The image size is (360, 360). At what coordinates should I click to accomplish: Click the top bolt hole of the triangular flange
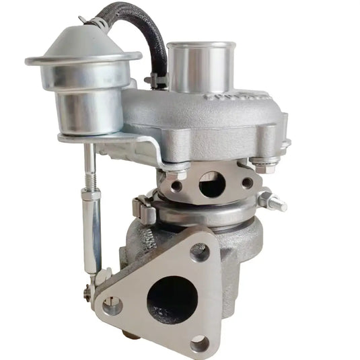200,252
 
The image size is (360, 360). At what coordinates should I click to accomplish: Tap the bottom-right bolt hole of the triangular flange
200,344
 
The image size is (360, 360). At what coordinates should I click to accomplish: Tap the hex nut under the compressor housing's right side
268,165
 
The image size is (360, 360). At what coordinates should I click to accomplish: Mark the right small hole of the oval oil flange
247,182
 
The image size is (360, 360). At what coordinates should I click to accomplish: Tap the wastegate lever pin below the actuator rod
88,291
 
